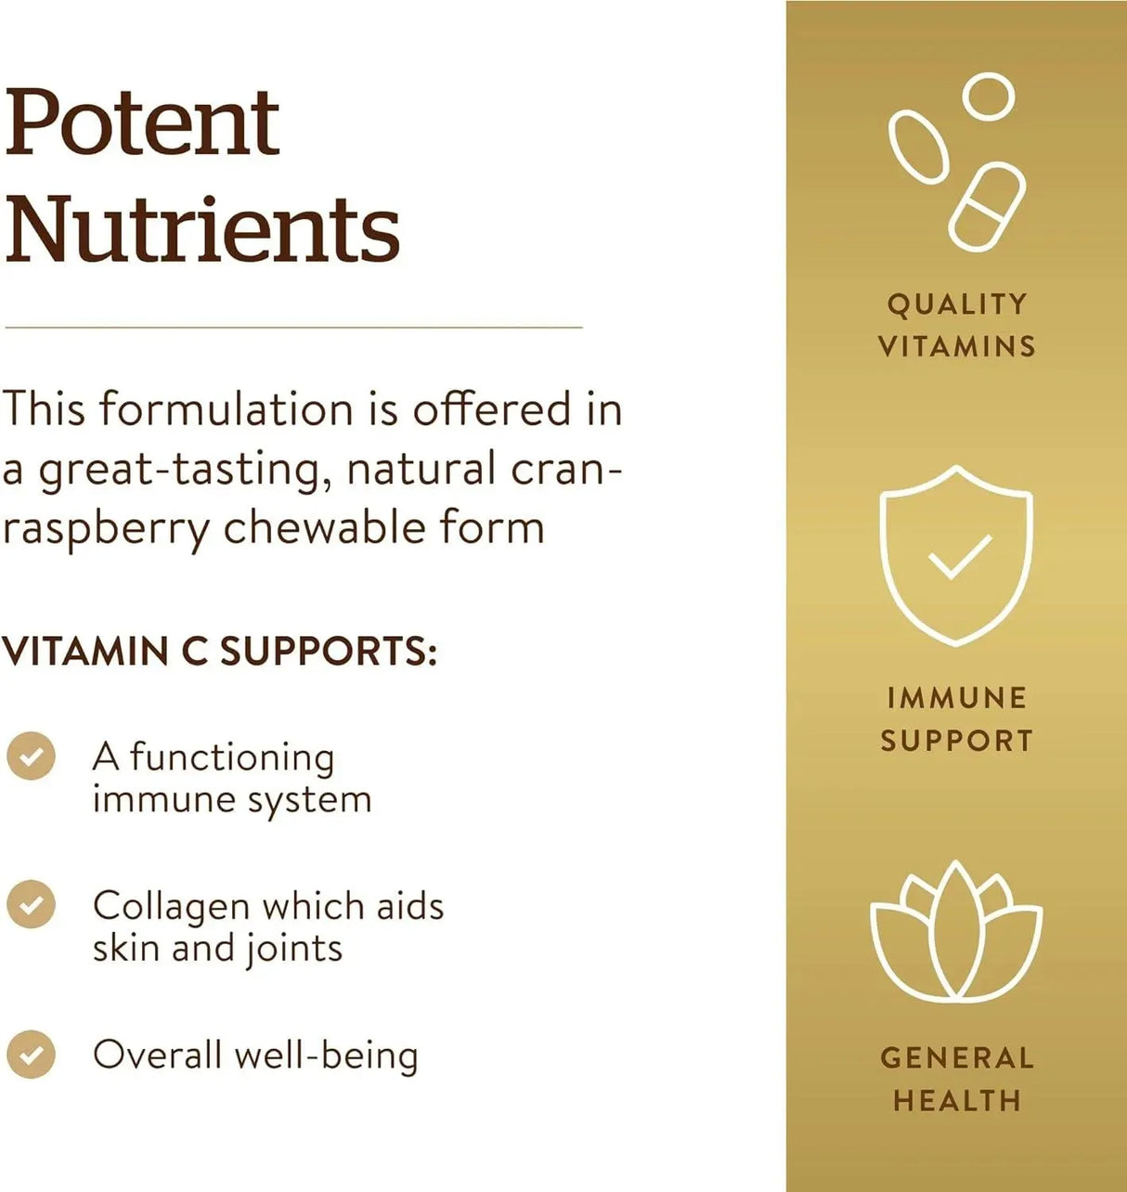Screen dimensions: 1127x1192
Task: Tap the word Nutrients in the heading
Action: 202,229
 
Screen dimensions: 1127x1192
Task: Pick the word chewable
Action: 324,526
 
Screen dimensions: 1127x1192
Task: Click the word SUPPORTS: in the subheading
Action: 328,652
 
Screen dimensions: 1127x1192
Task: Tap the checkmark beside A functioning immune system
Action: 31,756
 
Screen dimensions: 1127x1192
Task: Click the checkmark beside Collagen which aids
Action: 31,904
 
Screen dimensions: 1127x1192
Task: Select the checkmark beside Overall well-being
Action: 31,1055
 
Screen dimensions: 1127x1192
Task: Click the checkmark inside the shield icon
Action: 960,557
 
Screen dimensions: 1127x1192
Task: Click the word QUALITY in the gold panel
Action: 956,305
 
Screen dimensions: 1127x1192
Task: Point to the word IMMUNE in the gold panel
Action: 956,698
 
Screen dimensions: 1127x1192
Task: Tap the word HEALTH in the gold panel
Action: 956,1100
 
